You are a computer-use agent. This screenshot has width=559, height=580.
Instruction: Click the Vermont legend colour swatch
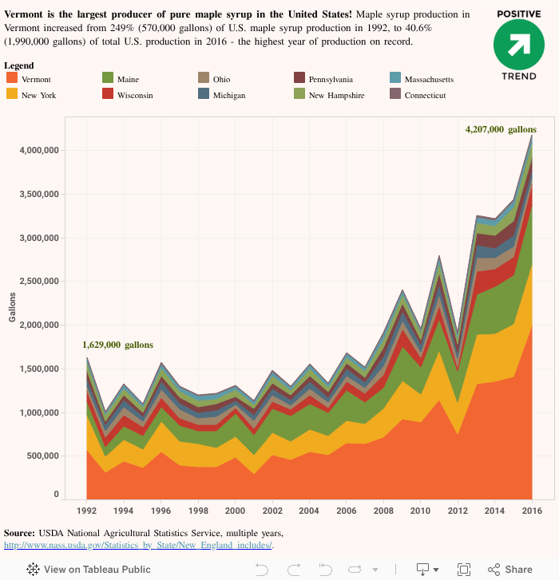tap(12, 77)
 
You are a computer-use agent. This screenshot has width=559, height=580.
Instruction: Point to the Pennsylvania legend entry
tap(328, 80)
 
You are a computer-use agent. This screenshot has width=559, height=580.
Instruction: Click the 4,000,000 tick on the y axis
tap(37, 151)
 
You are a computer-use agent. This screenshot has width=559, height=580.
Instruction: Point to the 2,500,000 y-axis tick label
tap(37, 282)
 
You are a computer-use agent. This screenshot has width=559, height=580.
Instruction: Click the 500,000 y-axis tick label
tap(40, 456)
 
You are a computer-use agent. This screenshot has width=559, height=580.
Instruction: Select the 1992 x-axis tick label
tap(86, 510)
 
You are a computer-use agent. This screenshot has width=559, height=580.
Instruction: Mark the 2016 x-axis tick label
tap(532, 510)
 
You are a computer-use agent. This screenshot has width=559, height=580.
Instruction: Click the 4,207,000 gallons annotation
tap(501, 129)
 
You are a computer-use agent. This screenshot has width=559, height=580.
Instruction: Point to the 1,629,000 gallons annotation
tap(117, 345)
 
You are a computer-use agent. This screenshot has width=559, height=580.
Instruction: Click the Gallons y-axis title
tap(12, 307)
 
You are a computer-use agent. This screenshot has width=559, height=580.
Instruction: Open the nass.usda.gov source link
tap(138, 546)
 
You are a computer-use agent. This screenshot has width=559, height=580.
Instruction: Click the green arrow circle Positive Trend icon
tap(518, 45)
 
